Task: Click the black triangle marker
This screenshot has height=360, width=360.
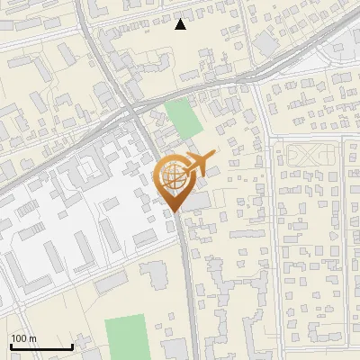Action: click(180, 24)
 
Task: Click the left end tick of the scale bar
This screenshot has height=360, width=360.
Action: click(10, 346)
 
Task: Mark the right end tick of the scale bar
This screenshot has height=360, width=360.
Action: click(72, 346)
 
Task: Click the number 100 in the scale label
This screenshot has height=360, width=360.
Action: click(18, 338)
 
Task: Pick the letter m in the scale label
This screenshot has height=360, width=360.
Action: click(31, 338)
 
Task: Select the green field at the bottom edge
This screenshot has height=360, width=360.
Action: click(127, 337)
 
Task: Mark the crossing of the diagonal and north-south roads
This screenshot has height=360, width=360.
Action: click(131, 108)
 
